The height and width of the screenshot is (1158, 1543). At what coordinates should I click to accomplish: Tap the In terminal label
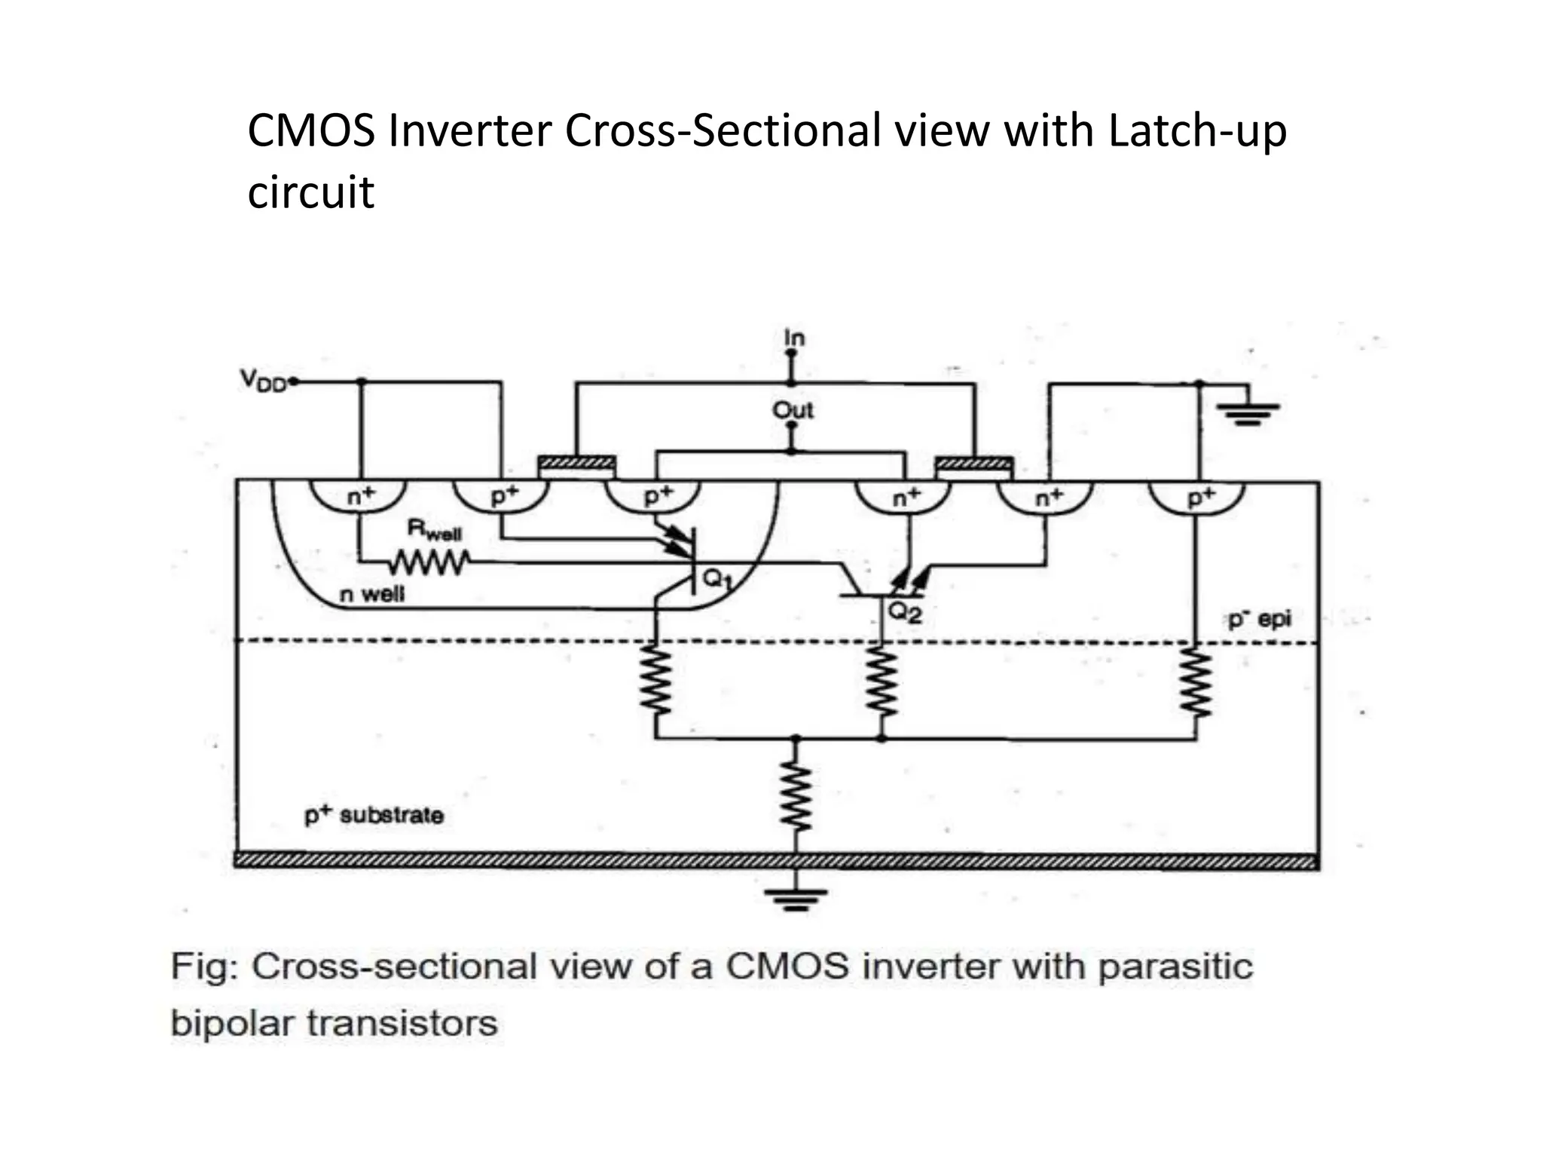click(793, 338)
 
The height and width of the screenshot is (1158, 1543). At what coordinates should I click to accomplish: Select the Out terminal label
click(793, 410)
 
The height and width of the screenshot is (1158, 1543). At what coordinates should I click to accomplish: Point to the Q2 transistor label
click(904, 612)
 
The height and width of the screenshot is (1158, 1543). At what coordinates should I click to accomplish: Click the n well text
click(371, 594)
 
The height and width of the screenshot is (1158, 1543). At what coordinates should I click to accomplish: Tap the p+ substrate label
click(374, 815)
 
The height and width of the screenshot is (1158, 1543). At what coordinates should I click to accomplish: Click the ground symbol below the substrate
click(794, 899)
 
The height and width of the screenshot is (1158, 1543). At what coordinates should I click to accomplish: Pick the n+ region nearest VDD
click(359, 498)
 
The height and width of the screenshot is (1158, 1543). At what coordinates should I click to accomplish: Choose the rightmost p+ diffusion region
click(1196, 498)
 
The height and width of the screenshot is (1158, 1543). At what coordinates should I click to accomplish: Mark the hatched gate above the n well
click(576, 463)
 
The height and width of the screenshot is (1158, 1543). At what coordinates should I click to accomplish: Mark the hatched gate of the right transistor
click(973, 463)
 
